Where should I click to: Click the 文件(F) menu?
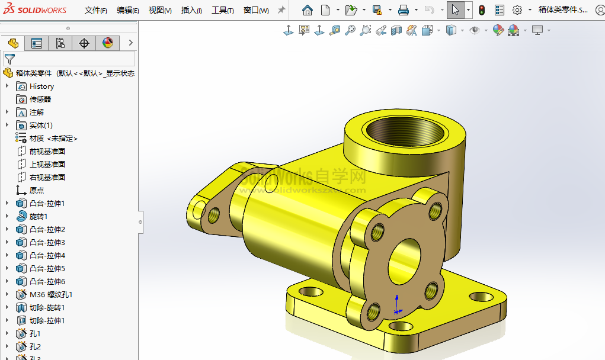click(95, 10)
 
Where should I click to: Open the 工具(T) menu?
click(222, 10)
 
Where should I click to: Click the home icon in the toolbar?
click(307, 10)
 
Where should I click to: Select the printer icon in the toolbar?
click(404, 10)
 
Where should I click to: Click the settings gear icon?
click(517, 10)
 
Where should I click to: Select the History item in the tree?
click(41, 86)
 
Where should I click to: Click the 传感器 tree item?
click(40, 99)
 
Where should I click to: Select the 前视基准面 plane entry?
click(47, 152)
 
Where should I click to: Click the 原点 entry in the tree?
click(37, 191)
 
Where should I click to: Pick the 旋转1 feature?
click(39, 217)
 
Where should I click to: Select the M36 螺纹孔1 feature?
click(51, 295)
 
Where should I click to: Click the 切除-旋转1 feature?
click(47, 308)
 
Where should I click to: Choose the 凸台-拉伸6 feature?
click(47, 282)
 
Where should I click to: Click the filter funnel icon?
click(9, 59)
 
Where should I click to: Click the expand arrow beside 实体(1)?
click(7, 126)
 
